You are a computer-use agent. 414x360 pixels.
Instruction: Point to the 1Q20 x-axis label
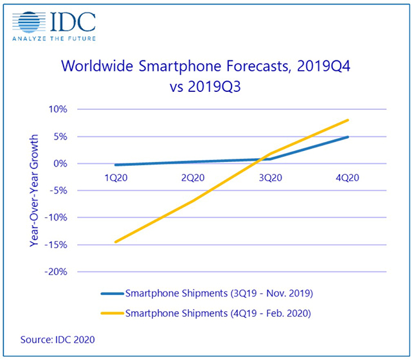click(x=116, y=179)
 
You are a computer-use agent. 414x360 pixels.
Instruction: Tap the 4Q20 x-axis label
click(x=348, y=179)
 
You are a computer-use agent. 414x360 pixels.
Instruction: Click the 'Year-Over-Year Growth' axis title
click(x=33, y=190)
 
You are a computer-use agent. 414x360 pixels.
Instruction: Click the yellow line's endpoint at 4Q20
click(x=348, y=120)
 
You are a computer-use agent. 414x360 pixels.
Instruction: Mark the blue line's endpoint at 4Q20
click(x=348, y=137)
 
